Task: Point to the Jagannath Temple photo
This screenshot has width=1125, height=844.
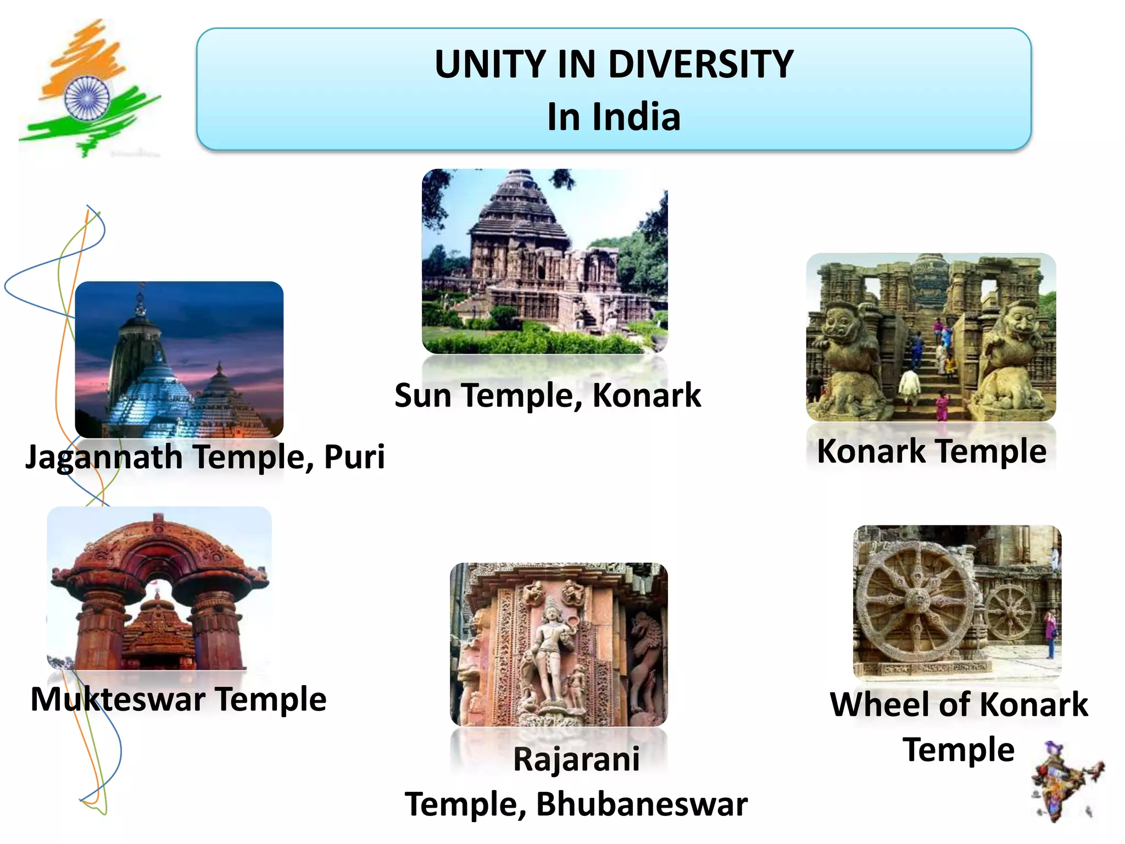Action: click(179, 360)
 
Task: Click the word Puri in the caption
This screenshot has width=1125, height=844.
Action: click(354, 457)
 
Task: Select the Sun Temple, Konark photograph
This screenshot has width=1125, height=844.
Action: click(544, 262)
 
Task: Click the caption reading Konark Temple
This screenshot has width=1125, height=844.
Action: click(931, 452)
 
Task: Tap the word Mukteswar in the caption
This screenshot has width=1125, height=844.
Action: click(118, 699)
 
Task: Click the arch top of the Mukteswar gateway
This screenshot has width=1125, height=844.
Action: click(158, 541)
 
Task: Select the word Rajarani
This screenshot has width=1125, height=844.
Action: click(576, 759)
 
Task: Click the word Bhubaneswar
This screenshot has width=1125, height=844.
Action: click(642, 804)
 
